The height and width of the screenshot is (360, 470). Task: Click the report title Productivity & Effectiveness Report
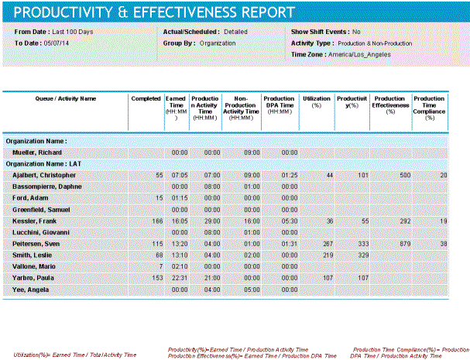pyautogui.click(x=155, y=13)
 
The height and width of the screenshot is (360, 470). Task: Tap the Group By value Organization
pyautogui.click(x=218, y=43)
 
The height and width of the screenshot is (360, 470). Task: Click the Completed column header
pyautogui.click(x=146, y=99)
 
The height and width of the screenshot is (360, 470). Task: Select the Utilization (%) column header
pyautogui.click(x=316, y=102)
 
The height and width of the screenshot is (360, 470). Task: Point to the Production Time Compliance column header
pyautogui.click(x=429, y=108)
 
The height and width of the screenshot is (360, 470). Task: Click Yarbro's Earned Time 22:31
pyautogui.click(x=179, y=277)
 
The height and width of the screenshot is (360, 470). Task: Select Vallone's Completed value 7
pyautogui.click(x=159, y=266)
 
